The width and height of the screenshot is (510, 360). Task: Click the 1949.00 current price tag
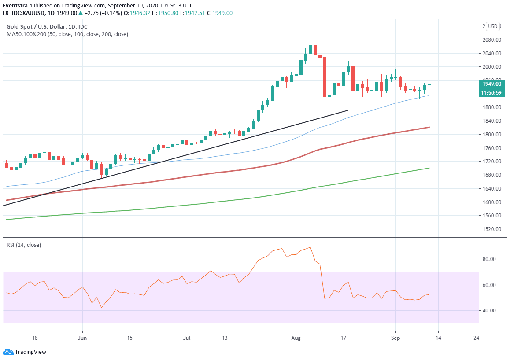tap(492, 84)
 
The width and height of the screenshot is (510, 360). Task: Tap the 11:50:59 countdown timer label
tap(492, 93)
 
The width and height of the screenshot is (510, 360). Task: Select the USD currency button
tap(492, 26)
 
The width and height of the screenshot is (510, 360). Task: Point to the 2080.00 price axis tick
tap(492, 40)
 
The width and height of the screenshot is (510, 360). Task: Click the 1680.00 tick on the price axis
tap(492, 175)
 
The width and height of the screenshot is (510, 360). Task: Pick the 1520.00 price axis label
tap(492, 229)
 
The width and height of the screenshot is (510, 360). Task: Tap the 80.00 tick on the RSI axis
tap(489, 259)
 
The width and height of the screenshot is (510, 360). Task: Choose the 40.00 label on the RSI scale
tap(489, 311)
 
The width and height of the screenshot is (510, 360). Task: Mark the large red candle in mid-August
tap(325, 77)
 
